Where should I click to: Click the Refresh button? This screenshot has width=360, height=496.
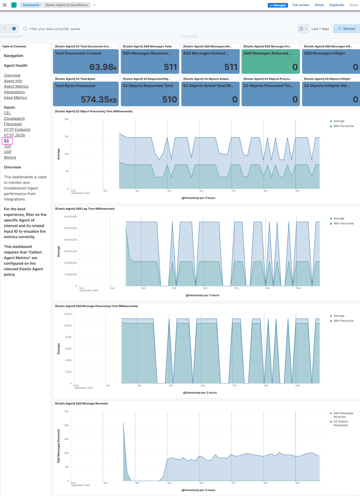point(346,29)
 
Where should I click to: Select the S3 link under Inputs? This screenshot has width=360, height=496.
point(7,141)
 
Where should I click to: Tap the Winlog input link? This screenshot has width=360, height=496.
point(10,157)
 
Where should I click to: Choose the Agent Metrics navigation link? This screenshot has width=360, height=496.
point(16,86)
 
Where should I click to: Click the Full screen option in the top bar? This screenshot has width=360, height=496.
point(301,5)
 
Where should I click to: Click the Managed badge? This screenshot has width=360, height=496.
point(277,5)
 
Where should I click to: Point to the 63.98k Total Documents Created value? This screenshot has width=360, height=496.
point(103,67)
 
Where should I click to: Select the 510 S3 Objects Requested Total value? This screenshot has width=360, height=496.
point(169,100)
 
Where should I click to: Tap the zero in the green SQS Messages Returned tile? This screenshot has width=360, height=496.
point(295,67)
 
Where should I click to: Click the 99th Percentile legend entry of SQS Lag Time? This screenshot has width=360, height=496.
point(343,224)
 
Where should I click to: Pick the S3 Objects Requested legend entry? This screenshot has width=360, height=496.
point(341,423)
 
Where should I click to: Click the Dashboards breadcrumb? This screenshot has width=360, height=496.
point(31,5)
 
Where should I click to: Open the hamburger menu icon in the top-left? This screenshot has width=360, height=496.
point(5,5)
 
